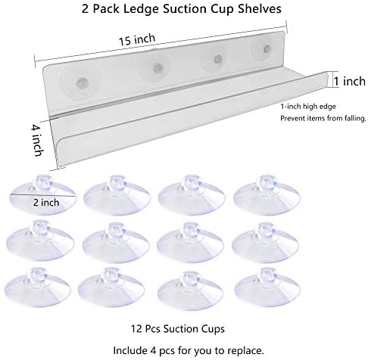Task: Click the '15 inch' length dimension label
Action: pyautogui.click(x=137, y=39)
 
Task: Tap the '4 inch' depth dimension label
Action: pyautogui.click(x=37, y=141)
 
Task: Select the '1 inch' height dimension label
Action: pyautogui.click(x=350, y=82)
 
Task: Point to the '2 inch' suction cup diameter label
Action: pyautogui.click(x=46, y=203)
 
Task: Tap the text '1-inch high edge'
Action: pyautogui.click(x=308, y=107)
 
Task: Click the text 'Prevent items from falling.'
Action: pyautogui.click(x=323, y=118)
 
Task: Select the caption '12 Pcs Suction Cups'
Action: pyautogui.click(x=177, y=329)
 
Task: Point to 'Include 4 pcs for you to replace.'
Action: pyautogui.click(x=189, y=350)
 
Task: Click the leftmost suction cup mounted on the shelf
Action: pyautogui.click(x=81, y=82)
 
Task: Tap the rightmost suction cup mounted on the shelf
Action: pyautogui.click(x=264, y=50)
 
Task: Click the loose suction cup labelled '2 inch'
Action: pyautogui.click(x=43, y=195)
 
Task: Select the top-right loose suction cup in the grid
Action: pyautogui.click(x=267, y=194)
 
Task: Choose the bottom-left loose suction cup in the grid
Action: pyautogui.click(x=38, y=287)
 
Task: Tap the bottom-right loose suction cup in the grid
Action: pyautogui.click(x=267, y=287)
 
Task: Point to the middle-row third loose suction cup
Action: pyautogui.click(x=190, y=242)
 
